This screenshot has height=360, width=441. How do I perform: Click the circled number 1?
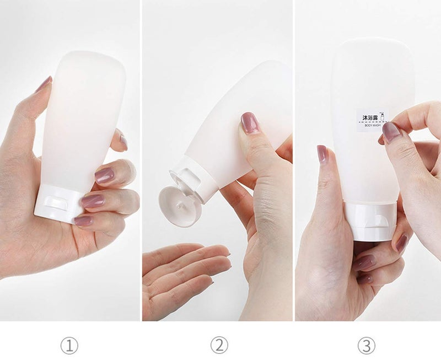point(69,346)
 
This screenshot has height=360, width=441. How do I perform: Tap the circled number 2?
point(219,346)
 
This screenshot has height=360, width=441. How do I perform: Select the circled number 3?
point(366,346)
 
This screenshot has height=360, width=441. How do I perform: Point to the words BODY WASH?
point(370,126)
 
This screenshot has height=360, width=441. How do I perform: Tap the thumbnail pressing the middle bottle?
point(250,122)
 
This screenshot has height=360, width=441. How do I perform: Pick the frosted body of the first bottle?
point(83,121)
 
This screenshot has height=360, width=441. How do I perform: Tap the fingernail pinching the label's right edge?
point(392,131)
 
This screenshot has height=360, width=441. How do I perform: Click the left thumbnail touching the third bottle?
point(322,153)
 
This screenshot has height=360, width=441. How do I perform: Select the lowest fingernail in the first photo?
point(83,220)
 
